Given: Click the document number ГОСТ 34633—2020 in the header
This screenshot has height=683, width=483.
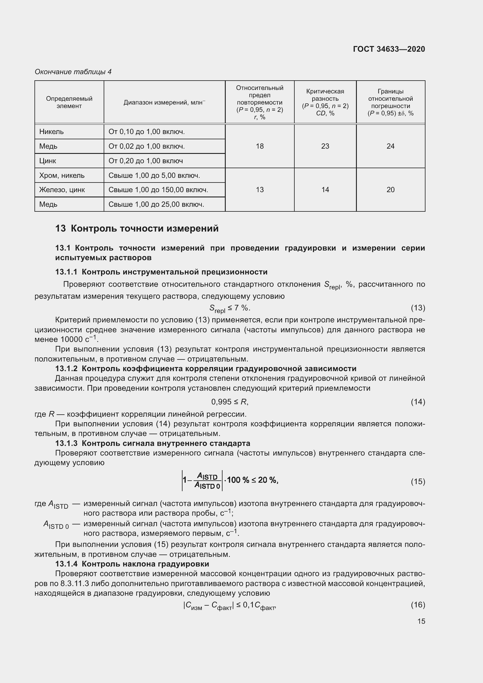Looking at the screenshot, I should coord(389,49).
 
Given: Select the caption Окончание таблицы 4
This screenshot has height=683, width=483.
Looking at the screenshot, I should coord(73,72).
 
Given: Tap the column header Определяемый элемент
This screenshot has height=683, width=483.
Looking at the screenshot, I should coord(69,102).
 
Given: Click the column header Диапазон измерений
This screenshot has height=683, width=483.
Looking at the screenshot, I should coord(164,102).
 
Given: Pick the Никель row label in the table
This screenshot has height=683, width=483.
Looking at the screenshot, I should coord(51,131).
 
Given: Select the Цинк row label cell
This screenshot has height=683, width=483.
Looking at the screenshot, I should coord(48,161).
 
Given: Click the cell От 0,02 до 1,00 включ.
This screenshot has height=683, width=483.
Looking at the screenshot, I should coord(146,146).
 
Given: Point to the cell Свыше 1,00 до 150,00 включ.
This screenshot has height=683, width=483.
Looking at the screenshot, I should coord(158,190).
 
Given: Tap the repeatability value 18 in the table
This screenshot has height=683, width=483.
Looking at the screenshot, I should coord(260,146).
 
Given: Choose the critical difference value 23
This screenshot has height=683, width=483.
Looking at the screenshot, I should coord(325,146).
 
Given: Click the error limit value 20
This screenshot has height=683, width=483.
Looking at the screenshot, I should coord(390,190).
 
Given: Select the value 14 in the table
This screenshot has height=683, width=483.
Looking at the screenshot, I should coord(325,190).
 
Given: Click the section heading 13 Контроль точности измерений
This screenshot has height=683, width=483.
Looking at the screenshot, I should coord(137,228).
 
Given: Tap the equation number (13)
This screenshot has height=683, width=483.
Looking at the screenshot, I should coord(418,307).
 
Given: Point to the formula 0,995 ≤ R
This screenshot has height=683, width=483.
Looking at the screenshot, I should coord(230,402).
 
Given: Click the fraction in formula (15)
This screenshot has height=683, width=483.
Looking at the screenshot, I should coord(207,481).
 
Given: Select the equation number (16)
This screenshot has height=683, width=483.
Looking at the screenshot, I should coord(418,604).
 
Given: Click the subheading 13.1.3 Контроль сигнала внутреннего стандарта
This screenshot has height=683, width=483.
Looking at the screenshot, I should coord(152,443).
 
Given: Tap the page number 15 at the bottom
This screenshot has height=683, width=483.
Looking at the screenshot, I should coord(421,621).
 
